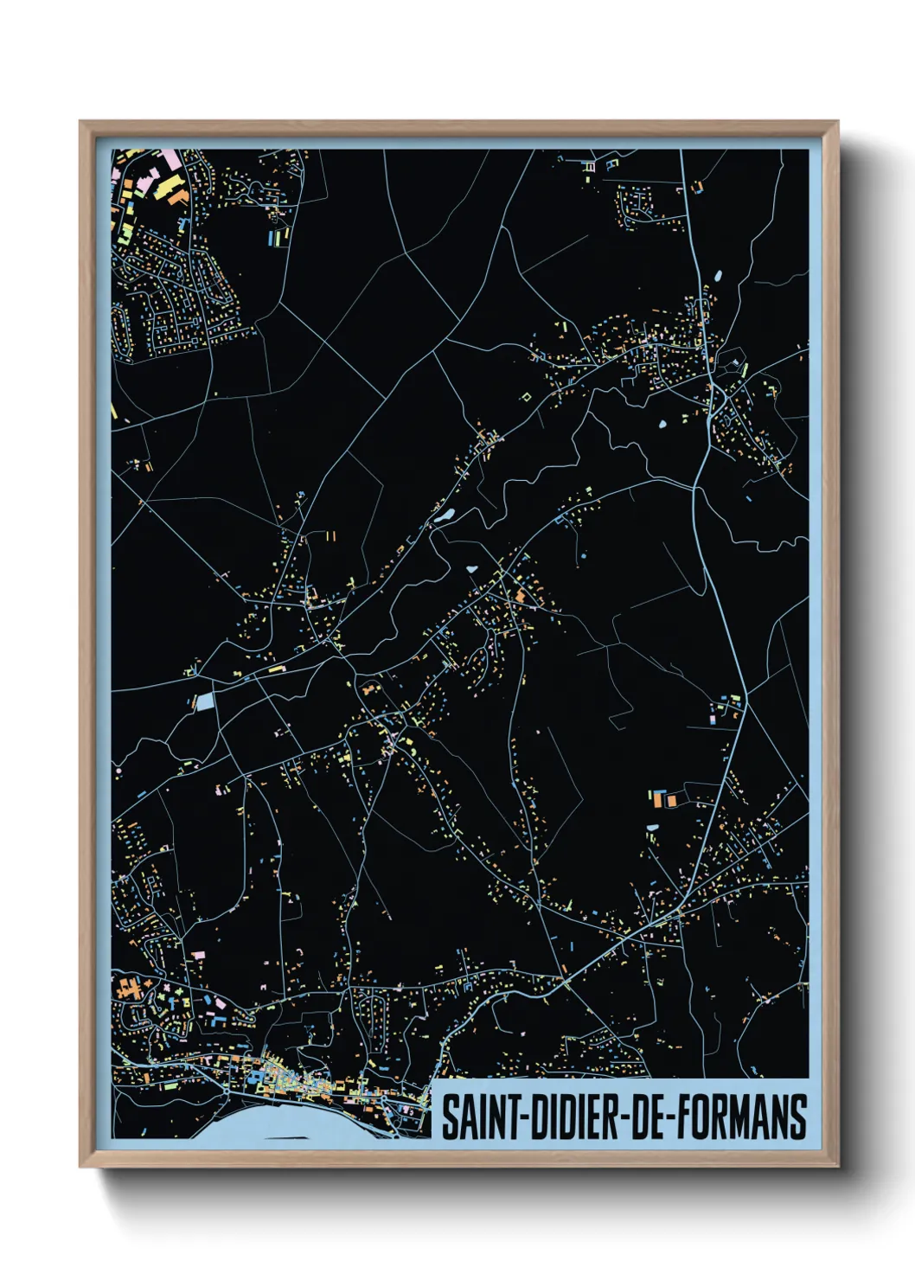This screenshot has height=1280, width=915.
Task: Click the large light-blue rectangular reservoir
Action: [x=204, y=701]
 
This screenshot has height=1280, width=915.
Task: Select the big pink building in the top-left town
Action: [x=169, y=160]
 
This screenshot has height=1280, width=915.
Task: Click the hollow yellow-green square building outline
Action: [x=525, y=396]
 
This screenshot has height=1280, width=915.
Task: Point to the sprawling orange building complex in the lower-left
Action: [x=130, y=986]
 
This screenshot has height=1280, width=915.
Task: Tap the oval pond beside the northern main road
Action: [x=717, y=277]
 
